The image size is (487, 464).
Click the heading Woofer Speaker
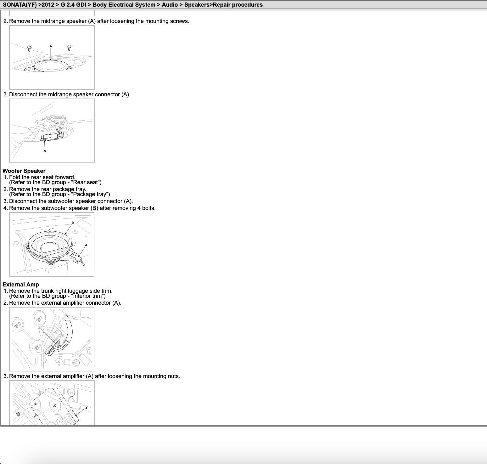coord(24,171)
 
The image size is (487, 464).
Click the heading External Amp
coord(21,285)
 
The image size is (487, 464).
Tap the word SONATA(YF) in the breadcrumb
coord(20,5)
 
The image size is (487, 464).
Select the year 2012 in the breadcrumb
coord(48,5)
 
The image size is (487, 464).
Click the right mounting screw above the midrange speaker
coord(69,48)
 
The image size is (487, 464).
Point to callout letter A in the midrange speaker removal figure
coord(51,46)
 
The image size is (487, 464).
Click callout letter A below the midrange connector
coord(45,151)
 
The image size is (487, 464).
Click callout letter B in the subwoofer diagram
coord(73,223)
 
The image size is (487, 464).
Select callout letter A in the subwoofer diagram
coord(86,245)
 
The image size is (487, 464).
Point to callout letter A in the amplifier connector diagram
coord(39,328)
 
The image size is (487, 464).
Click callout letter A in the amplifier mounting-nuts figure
coord(86,408)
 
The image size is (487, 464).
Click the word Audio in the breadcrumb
coord(170,5)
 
